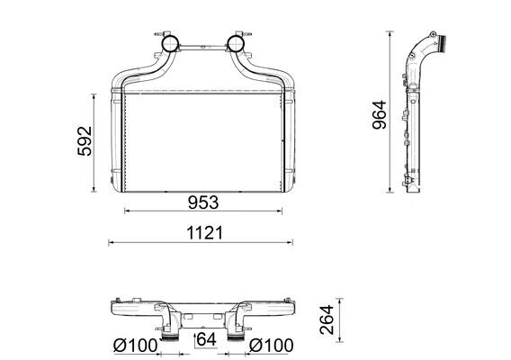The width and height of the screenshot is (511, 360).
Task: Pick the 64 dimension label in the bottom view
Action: coord(205,339)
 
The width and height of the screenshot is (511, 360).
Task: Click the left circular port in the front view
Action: coord(168,42)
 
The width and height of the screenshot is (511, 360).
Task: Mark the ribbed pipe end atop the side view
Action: coord(442,40)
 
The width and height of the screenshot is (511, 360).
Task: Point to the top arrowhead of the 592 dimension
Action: coord(94,94)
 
